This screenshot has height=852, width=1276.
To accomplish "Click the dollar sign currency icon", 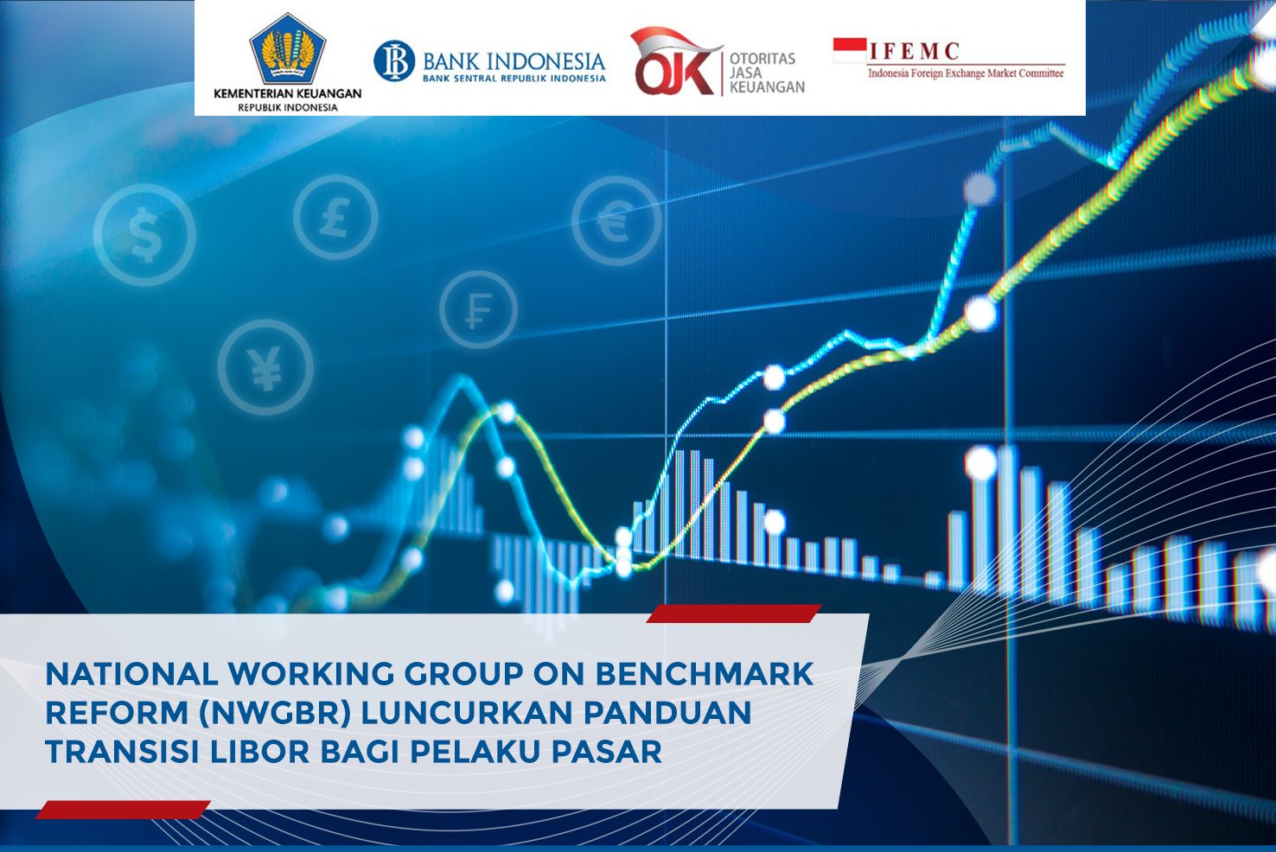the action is tap(144, 234).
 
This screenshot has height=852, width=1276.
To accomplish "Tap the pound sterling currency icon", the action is tap(335, 218).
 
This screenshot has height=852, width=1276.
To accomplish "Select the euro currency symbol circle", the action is tap(616, 221).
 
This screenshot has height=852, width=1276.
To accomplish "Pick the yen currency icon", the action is tap(265, 367).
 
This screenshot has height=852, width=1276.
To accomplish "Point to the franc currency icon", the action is tap(479, 310).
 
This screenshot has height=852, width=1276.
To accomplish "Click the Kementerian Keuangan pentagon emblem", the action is tap(288, 49).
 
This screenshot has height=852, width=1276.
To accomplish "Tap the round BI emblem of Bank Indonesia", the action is tap(394, 61).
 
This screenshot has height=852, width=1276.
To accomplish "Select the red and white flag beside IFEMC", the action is tap(850, 50).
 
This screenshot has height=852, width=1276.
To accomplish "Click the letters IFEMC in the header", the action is tap(915, 51).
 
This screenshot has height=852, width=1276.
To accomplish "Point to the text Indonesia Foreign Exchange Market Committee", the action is tap(966, 73).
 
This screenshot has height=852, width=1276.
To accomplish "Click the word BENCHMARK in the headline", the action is tap(705, 674).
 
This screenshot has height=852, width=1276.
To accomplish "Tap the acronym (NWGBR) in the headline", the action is tap(275, 713).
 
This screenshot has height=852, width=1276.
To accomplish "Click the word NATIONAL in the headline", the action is tap(131, 674).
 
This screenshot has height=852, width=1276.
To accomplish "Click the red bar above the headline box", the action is tap(734, 614).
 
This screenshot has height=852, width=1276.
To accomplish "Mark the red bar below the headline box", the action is tap(123, 810).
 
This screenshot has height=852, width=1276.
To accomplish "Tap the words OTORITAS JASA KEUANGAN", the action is tap(768, 73).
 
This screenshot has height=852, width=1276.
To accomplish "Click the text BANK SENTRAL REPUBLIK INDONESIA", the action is tap(514, 79).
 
